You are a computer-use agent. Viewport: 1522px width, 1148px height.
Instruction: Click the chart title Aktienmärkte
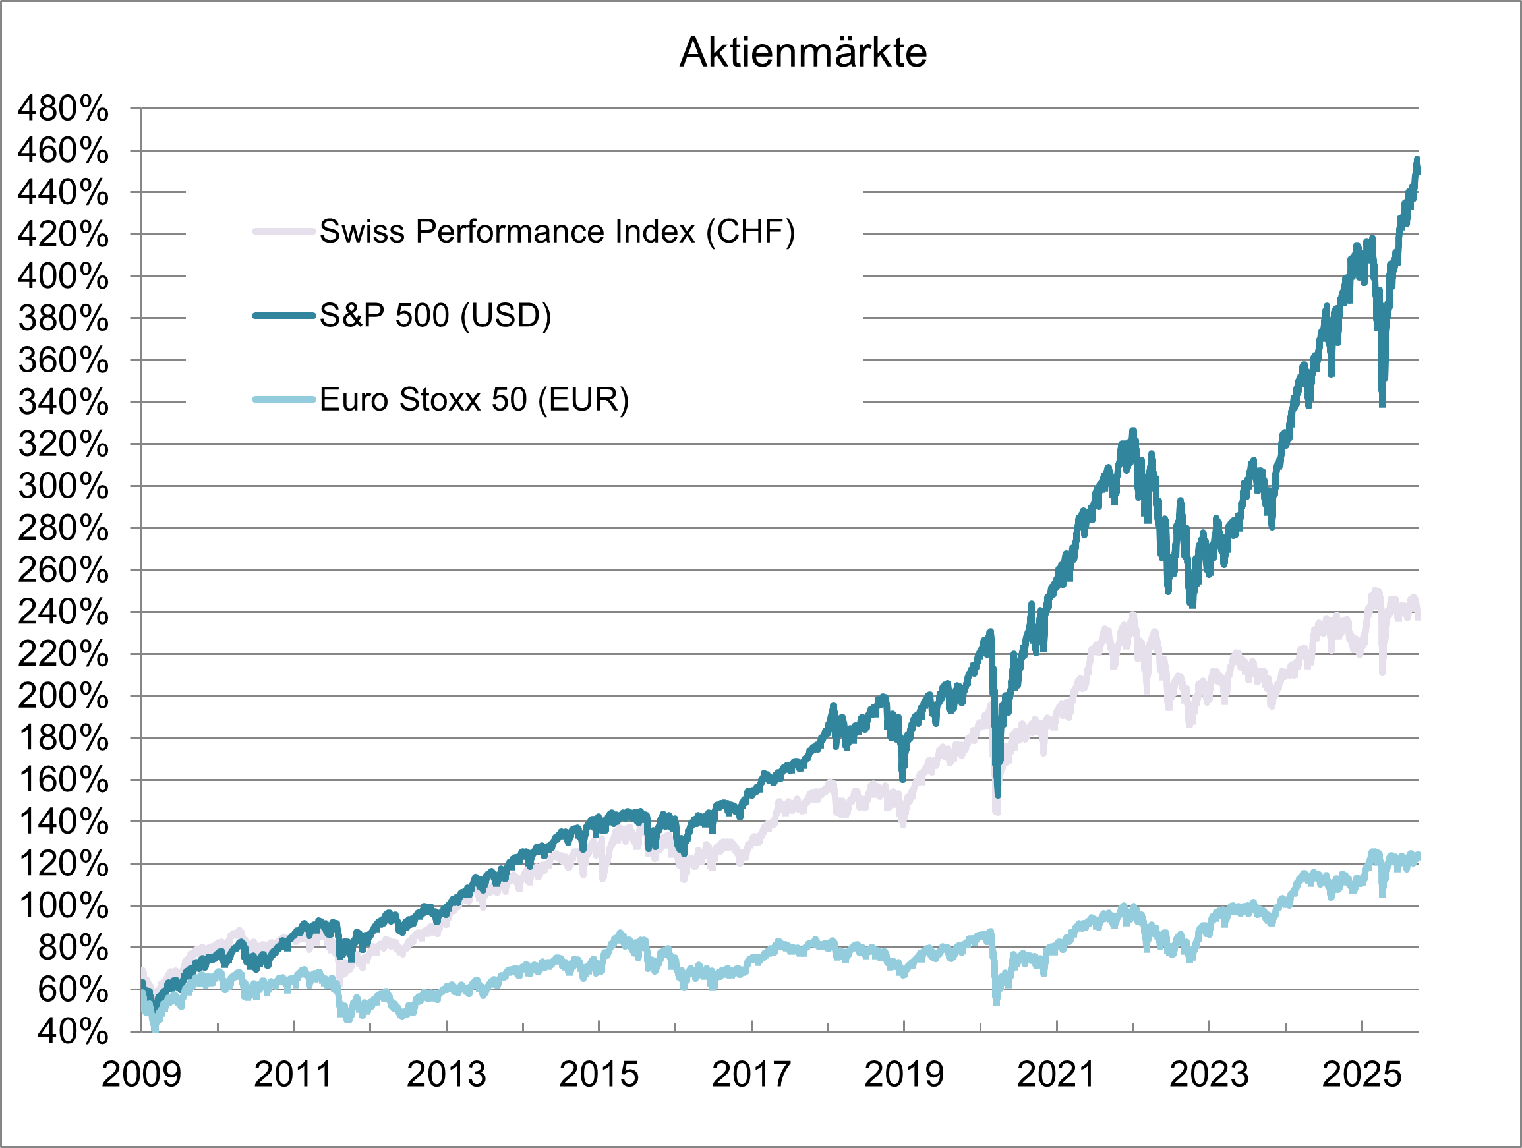803,52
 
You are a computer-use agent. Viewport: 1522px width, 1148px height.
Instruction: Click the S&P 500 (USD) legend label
435,315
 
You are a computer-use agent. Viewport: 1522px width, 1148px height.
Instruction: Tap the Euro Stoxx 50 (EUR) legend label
474,399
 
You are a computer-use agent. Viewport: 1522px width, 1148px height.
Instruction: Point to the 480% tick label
63,109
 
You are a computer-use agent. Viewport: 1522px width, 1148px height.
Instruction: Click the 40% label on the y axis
73,1032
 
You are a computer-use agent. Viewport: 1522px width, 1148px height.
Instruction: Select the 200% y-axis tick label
63,696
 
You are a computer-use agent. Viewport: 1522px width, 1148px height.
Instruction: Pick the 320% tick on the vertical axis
63,444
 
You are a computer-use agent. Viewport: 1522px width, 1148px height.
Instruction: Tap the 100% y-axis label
63,906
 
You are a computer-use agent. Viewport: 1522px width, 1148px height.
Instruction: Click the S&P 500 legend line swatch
283,316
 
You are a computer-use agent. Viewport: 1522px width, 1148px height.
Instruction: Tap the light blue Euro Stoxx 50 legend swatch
283,399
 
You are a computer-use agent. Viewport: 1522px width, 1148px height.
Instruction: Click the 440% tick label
63,192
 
